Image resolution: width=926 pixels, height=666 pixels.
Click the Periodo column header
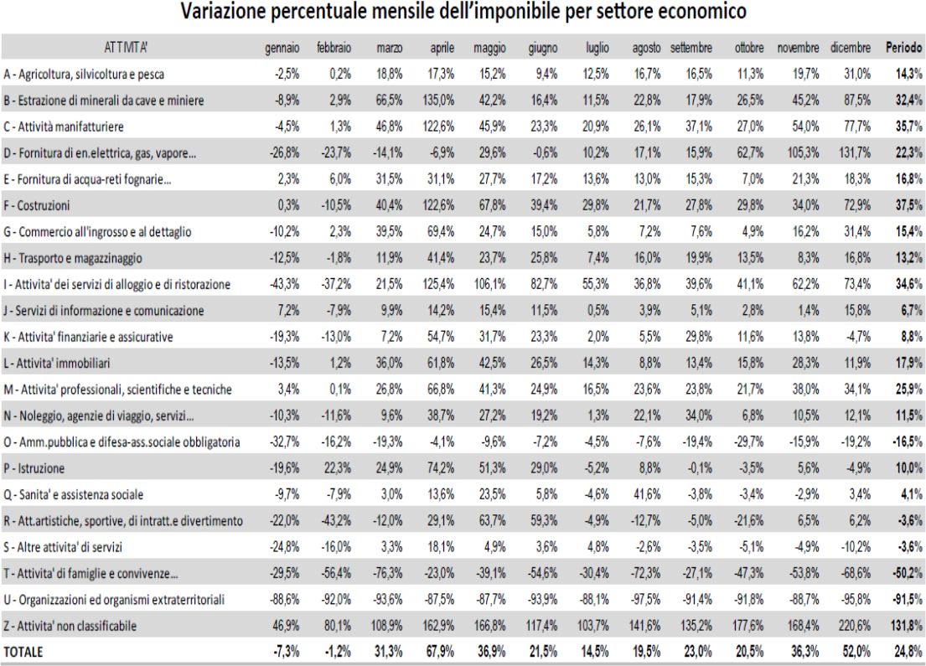tap(903, 48)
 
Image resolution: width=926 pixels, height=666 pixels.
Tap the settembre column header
tap(691, 48)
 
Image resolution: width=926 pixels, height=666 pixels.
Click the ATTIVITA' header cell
tap(126, 48)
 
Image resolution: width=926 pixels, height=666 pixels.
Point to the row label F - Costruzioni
tap(37, 205)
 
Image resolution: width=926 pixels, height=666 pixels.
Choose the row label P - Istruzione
tap(34, 468)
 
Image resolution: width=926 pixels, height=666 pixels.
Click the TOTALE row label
tap(23, 652)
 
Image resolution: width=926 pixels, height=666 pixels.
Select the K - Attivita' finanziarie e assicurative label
tap(88, 337)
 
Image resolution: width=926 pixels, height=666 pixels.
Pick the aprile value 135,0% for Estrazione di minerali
tap(438, 101)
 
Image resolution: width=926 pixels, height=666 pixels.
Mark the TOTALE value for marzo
tap(389, 652)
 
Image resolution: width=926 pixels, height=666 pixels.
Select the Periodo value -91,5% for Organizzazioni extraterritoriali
tap(908, 600)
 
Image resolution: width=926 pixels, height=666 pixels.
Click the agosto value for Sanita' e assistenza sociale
tap(647, 495)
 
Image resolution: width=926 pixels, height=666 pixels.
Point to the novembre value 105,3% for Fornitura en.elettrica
tap(803, 153)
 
